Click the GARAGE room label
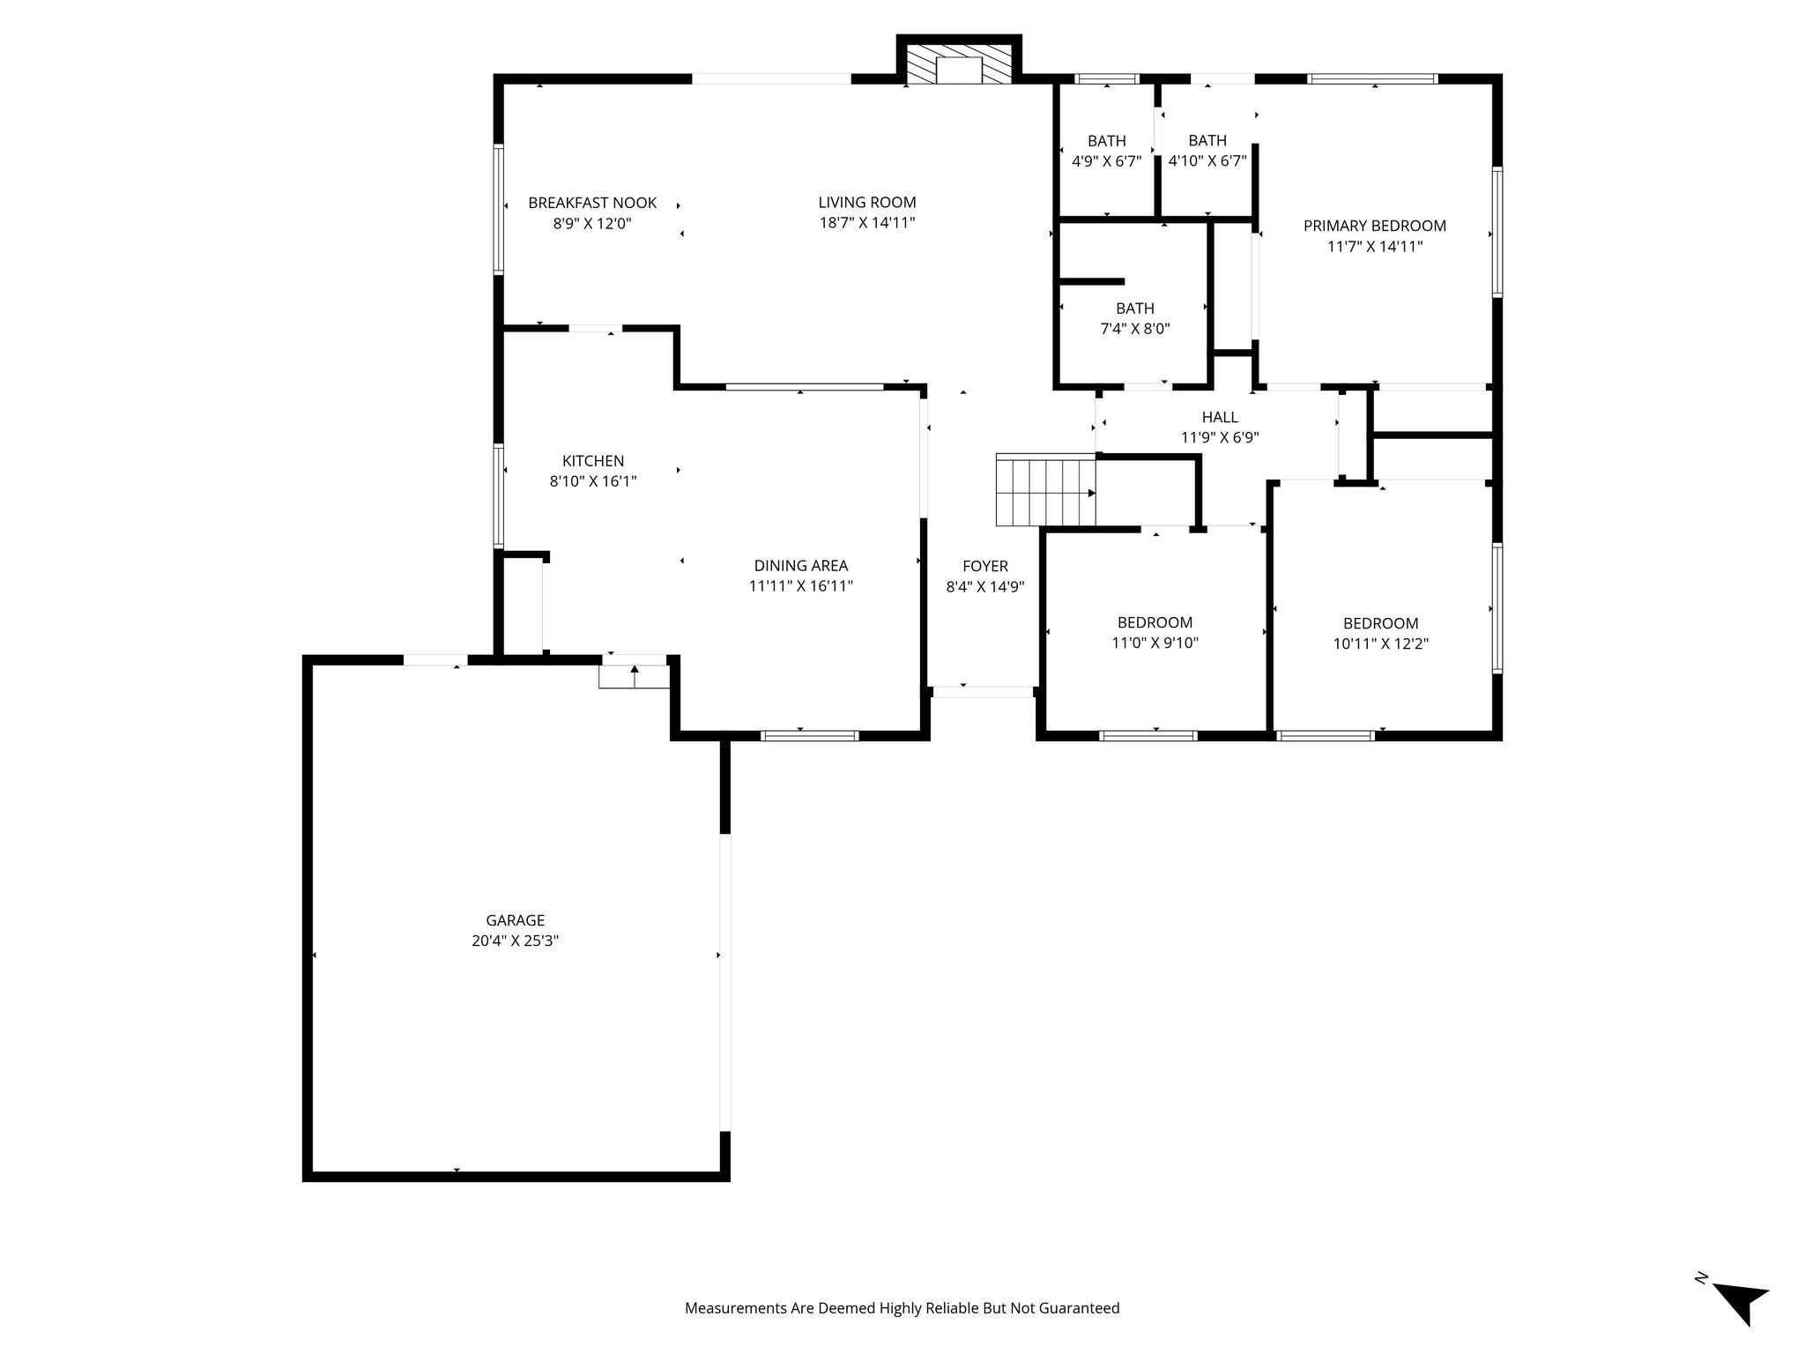[x=515, y=920]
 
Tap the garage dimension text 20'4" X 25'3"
[x=515, y=941]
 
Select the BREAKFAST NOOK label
[x=592, y=203]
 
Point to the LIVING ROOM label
[x=867, y=203]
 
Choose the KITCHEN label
[x=593, y=461]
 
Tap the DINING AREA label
[x=801, y=566]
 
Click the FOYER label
[x=984, y=567]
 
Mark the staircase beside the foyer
[x=1045, y=490]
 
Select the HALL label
[x=1220, y=417]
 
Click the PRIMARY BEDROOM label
[x=1375, y=227]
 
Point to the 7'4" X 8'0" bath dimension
[x=1135, y=329]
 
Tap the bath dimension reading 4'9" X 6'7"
[x=1106, y=161]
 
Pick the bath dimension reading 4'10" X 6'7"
[x=1207, y=161]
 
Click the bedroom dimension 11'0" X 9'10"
[x=1155, y=644]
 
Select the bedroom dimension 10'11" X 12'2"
[x=1381, y=644]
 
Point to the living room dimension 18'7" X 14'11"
[x=867, y=223]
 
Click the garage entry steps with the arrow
[x=635, y=676]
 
